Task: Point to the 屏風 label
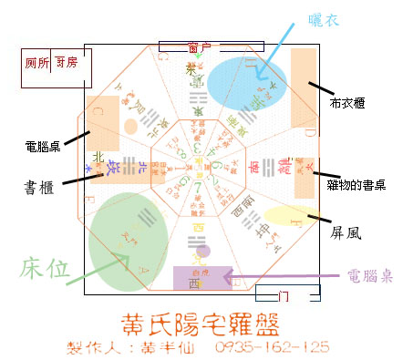346,232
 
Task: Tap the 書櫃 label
41,187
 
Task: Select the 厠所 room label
35,65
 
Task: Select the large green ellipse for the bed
130,241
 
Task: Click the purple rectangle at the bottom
201,278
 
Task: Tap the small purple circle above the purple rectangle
203,251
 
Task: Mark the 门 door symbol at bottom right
286,294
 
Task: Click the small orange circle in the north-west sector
130,124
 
